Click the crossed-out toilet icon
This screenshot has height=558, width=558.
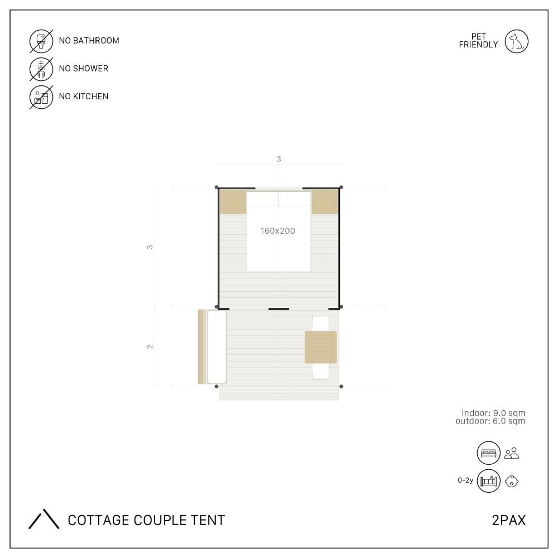pos(41,41)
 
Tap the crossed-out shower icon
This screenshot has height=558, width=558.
pos(41,69)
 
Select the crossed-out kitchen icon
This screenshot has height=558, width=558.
pos(41,97)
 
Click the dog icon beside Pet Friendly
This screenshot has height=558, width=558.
pos(516,41)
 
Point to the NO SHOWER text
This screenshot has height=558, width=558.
pos(84,68)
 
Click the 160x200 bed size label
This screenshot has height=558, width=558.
pos(277,231)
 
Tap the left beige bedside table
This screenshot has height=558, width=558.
pos(233,201)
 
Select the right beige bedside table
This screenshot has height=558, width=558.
pos(325,201)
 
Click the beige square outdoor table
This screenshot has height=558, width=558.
pos(321,347)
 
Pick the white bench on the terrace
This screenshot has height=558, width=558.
pos(217,347)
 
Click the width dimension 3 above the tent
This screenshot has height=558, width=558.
pos(278,159)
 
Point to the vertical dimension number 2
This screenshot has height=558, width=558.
pos(150,347)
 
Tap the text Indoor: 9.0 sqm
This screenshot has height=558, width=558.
pos(493,413)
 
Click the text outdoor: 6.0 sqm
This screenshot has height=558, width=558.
pos(490,421)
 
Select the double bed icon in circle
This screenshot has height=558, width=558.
pos(489,453)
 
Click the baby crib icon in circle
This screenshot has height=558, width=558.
pos(489,481)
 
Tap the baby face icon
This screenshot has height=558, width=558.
pos(512,481)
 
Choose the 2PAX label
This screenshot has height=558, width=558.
pos(508,520)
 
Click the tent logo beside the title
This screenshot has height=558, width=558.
pos(44,519)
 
